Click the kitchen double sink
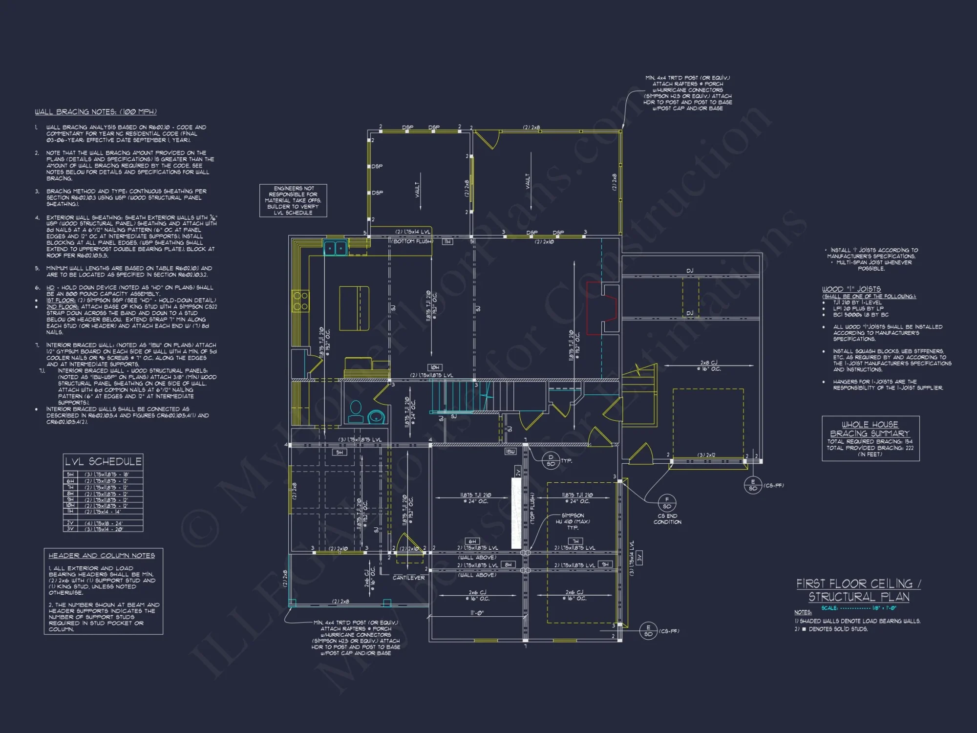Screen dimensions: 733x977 tap(335, 248)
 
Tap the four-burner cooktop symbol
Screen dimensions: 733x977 tap(300, 301)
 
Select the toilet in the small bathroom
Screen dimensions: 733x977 tap(356, 411)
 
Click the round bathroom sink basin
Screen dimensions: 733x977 tap(376, 417)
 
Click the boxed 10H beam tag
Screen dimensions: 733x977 tap(435, 367)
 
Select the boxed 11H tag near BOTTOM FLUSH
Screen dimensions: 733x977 tap(447, 241)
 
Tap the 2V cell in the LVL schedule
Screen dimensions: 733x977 tap(70, 522)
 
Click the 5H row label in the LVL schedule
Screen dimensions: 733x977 tap(70, 474)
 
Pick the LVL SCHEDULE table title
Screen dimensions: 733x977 tap(103, 461)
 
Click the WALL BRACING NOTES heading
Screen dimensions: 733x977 tap(95, 112)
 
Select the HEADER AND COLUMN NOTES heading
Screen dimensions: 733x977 tap(102, 556)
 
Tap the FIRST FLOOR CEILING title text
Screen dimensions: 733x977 tap(858, 584)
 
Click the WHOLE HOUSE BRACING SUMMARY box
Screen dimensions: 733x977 tap(870, 438)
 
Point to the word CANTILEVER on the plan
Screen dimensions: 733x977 tap(408, 578)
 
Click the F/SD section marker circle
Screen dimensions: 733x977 tap(667, 503)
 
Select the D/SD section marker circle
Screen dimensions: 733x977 tap(551, 460)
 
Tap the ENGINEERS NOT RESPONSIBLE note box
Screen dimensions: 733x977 tap(293, 200)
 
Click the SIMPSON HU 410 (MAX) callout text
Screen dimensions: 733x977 tap(573, 521)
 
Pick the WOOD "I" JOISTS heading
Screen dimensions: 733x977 tap(851, 289)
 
